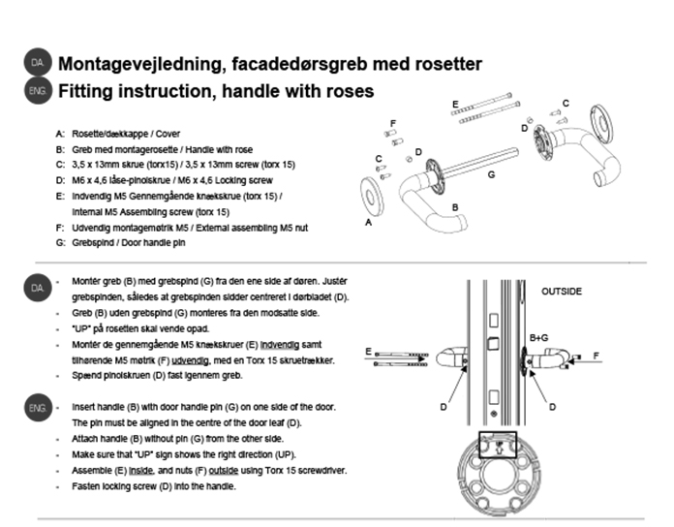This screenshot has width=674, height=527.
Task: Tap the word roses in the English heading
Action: (347, 92)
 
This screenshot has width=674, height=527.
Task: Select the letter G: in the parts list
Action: (61, 243)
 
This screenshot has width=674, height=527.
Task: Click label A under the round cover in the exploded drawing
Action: (367, 222)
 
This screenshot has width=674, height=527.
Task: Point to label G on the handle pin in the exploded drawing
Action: (492, 174)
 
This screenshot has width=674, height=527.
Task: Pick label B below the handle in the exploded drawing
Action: (454, 207)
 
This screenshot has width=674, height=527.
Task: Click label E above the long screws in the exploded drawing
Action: (454, 103)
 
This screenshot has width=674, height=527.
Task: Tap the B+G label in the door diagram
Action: (539, 337)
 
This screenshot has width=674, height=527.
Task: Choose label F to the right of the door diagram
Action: (596, 356)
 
